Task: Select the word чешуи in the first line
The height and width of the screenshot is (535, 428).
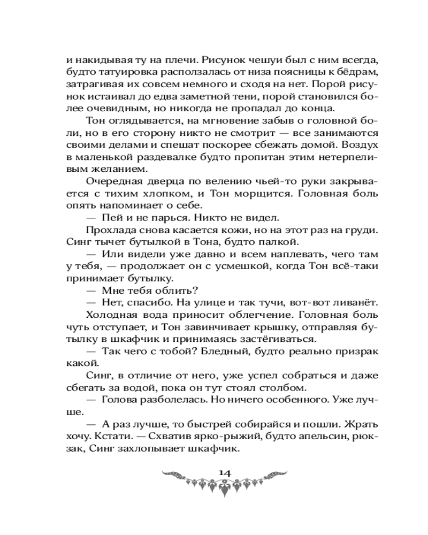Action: point(263,58)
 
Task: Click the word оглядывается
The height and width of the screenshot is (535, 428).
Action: point(141,123)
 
